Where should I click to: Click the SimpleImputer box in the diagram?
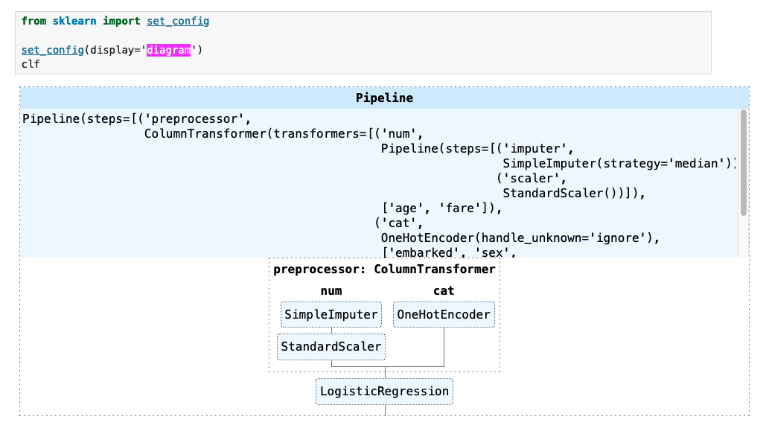coord(331,315)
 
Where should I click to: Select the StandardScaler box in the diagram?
coord(331,346)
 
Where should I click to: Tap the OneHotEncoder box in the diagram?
coord(444,315)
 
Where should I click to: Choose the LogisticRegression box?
coord(384,392)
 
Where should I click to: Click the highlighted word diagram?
coord(169,50)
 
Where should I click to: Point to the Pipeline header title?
coord(384,98)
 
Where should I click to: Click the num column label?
coord(331,290)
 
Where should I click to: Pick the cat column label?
coord(444,290)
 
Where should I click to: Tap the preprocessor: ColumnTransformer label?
coord(384,269)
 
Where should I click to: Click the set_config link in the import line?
coord(178,21)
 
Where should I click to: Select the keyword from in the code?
coord(33,21)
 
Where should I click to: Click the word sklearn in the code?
coord(74,21)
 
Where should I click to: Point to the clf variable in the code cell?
coord(31,64)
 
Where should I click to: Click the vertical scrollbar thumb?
coord(743,162)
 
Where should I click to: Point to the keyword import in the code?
coord(121,21)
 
